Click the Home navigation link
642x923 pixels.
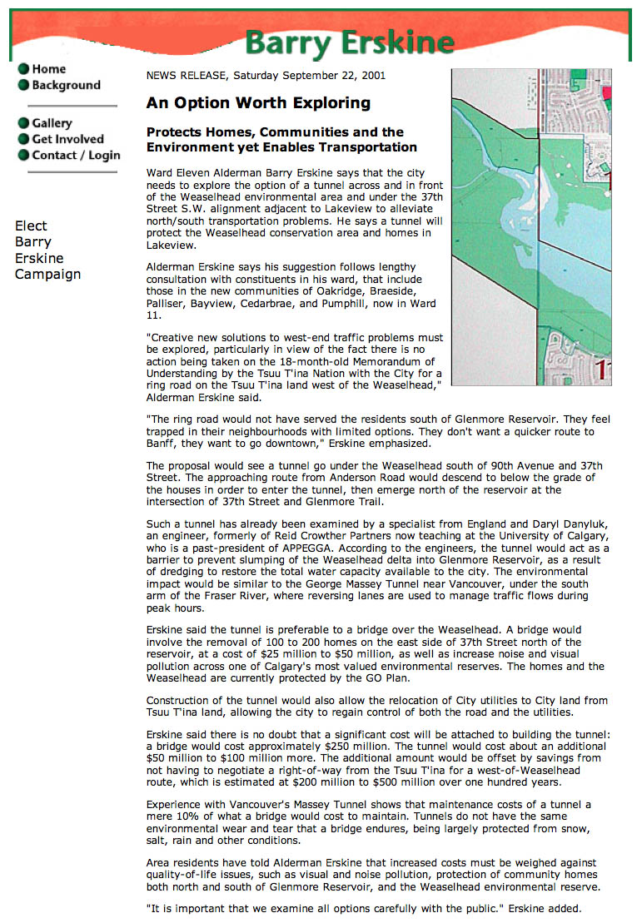tap(48, 69)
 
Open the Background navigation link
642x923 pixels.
tap(66, 85)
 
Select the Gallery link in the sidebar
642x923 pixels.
tap(52, 123)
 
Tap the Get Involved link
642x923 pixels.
tap(67, 139)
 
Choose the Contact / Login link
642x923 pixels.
tap(76, 155)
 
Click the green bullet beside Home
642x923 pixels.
tap(23, 69)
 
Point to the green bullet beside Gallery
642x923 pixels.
tap(23, 123)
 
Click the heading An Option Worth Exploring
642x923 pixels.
tap(258, 103)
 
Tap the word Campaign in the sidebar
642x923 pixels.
tap(47, 274)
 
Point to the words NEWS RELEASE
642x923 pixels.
tap(186, 76)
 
